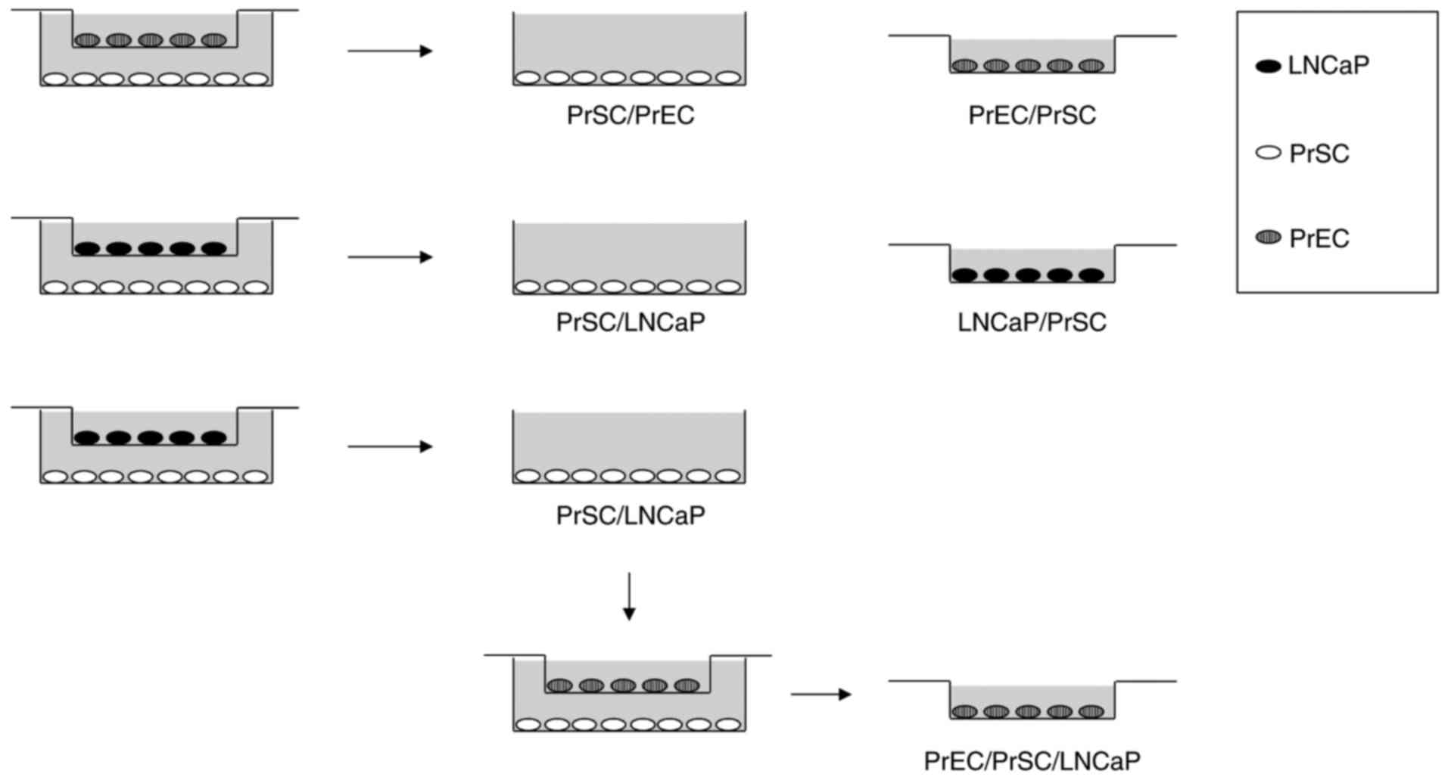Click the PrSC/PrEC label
click(x=630, y=115)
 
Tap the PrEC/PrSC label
click(x=1032, y=115)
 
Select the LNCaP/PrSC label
click(x=1032, y=322)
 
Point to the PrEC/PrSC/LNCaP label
click(x=1032, y=760)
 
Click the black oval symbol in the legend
click(x=1268, y=67)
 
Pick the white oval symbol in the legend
click(x=1268, y=154)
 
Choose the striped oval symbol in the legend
click(x=1268, y=238)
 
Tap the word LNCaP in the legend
click(x=1328, y=66)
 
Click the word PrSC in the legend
click(x=1319, y=154)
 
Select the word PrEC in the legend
click(x=1319, y=239)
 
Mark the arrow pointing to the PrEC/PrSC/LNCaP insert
click(x=821, y=694)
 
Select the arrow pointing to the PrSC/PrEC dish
click(x=390, y=51)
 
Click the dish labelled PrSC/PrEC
click(x=629, y=49)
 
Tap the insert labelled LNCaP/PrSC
click(x=1032, y=265)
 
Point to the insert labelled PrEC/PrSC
click(x=1032, y=56)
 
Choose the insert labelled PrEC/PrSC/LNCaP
click(x=1032, y=701)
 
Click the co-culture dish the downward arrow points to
click(x=628, y=695)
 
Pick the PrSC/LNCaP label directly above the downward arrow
click(x=630, y=515)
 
